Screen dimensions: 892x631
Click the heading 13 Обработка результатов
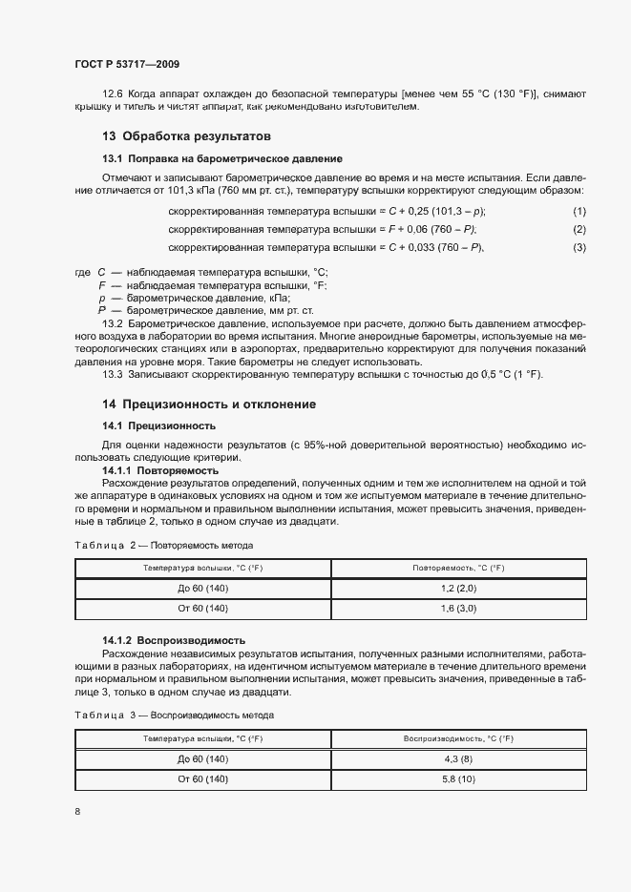(186, 135)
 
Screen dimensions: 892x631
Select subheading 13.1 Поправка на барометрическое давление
(221, 157)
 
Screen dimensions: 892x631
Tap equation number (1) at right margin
(578, 211)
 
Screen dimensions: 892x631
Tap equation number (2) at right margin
(578, 229)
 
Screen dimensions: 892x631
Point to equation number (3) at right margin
(578, 248)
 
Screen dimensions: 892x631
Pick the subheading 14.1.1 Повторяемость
(160, 471)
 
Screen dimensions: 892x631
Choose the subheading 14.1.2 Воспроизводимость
(174, 640)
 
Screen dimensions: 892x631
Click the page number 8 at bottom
(76, 811)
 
